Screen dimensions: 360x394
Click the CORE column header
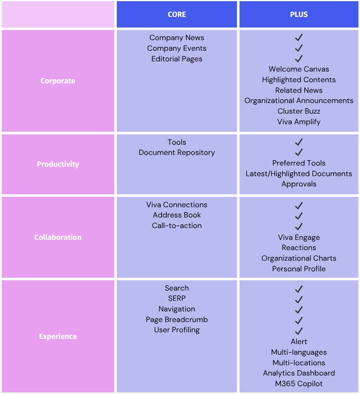pos(177,14)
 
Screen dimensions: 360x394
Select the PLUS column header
pos(299,14)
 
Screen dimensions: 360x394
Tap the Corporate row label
pos(58,81)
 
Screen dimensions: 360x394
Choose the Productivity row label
pos(58,164)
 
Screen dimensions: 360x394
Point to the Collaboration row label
pos(58,237)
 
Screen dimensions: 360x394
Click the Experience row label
pos(58,336)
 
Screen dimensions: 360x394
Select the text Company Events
pos(177,48)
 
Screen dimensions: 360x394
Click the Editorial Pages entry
pos(177,59)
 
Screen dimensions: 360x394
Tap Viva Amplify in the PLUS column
pos(299,122)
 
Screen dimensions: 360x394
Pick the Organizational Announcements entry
pos(299,101)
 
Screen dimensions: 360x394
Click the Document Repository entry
pos(177,153)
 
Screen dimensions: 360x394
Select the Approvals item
pos(299,184)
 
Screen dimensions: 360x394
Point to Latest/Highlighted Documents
pos(299,174)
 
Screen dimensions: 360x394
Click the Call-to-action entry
pos(177,225)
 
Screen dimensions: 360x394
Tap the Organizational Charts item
pos(299,258)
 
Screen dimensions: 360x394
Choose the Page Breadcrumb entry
pos(177,319)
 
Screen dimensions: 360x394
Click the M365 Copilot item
pos(299,384)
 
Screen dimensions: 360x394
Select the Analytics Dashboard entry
pos(299,373)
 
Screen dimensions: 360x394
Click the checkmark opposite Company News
pos(299,37)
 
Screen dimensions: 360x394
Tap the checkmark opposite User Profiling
pos(299,331)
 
